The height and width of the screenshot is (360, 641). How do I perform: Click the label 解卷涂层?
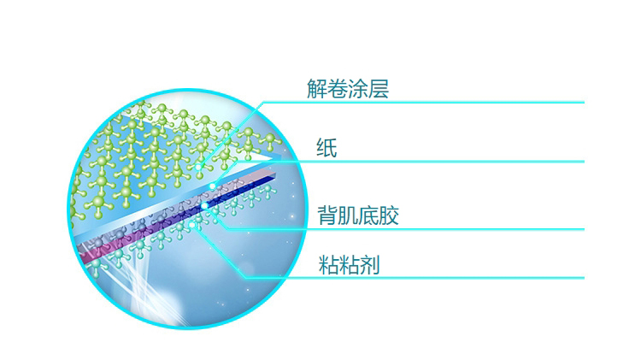348,89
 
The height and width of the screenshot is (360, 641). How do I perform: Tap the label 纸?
326,148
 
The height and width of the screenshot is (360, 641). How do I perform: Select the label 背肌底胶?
358,215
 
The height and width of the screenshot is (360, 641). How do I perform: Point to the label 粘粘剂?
349,265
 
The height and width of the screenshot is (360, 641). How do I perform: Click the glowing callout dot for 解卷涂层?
198,167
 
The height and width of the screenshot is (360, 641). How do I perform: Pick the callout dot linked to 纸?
213,186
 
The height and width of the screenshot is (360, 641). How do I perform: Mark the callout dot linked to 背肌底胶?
204,206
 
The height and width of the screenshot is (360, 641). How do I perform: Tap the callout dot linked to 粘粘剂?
191,225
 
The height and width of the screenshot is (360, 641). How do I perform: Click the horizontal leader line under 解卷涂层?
424,103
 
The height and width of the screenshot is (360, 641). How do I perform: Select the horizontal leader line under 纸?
411,162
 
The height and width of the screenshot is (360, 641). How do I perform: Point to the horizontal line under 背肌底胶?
406,229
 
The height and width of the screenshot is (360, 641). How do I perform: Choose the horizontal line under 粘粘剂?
415,278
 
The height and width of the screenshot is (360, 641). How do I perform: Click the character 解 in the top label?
317,89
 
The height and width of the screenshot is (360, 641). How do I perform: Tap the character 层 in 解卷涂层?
379,89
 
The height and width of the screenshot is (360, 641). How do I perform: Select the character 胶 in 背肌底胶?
389,215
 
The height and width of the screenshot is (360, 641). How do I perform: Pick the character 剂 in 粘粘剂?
369,265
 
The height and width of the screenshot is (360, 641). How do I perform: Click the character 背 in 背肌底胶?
328,215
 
